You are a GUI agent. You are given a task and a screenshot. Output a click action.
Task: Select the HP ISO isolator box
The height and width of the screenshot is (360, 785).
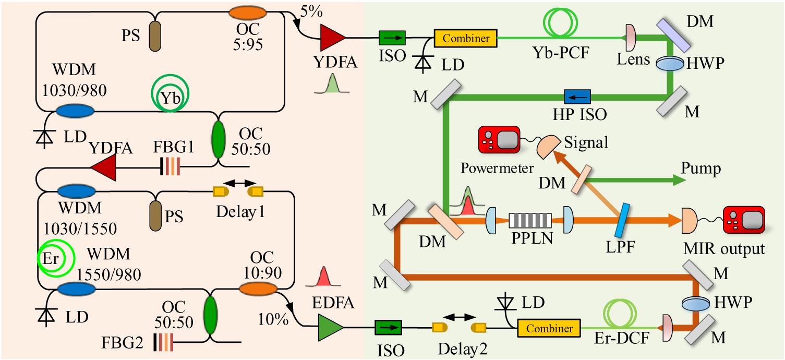(577, 96)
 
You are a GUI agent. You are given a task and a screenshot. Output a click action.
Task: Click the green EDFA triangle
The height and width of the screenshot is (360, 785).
(330, 328)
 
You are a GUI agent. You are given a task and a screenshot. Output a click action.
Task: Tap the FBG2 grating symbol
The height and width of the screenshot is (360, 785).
(163, 342)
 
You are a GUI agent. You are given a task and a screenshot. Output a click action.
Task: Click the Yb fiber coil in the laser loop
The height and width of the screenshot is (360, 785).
(170, 95)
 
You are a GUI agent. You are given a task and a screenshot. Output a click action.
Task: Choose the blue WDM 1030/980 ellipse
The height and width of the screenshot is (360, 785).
(75, 111)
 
